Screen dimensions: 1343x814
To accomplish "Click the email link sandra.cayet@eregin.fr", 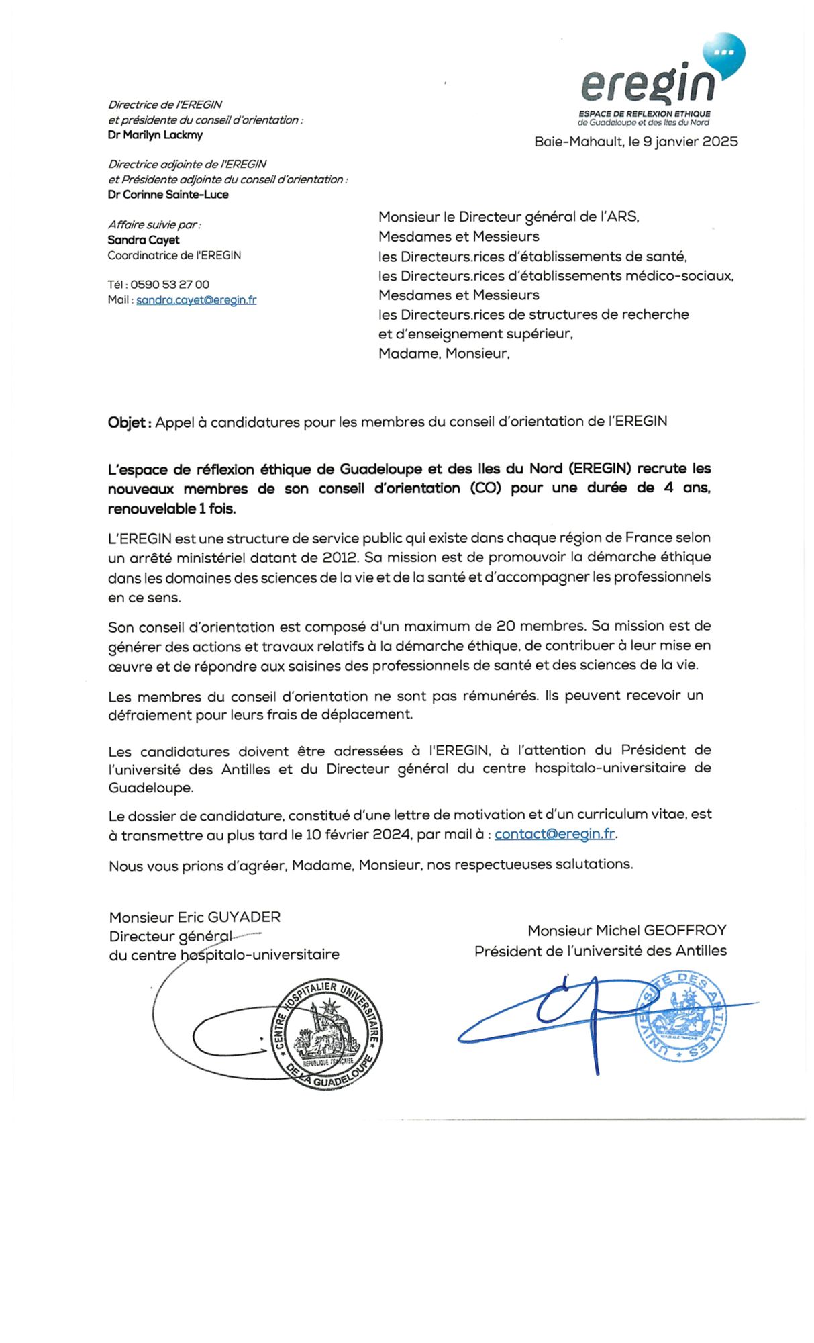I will (x=196, y=300).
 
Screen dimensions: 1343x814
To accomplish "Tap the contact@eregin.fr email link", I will (x=555, y=834).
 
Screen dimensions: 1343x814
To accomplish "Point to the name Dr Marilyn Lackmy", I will (x=155, y=135).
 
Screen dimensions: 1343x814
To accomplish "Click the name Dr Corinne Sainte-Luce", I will (x=168, y=195).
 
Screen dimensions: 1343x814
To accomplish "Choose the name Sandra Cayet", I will (x=144, y=240).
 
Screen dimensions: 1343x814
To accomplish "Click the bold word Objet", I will (x=128, y=422).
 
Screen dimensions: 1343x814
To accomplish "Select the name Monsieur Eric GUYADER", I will (x=195, y=917).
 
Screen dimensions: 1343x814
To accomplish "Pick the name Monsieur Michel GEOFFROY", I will (x=627, y=931).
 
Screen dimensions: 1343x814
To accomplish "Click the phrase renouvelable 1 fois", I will (x=172, y=509).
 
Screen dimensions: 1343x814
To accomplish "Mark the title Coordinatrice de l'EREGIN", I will (x=174, y=255).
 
